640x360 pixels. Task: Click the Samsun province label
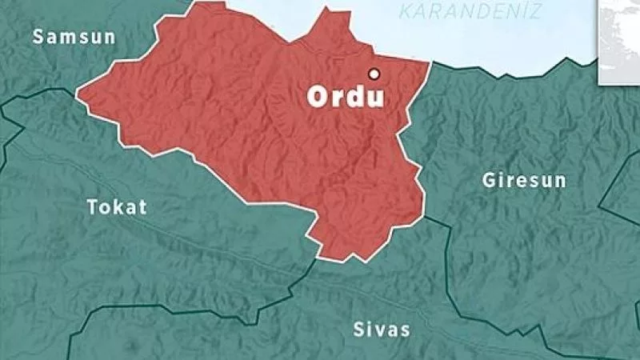[x=74, y=37]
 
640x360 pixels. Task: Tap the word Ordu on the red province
[x=346, y=98]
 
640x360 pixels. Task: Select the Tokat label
[x=117, y=207]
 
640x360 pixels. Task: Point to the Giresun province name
[x=524, y=180]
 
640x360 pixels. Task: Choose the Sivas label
[x=381, y=330]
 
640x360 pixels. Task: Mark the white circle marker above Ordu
[x=373, y=74]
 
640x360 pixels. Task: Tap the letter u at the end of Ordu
[x=374, y=98]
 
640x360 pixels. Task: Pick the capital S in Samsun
[x=38, y=37]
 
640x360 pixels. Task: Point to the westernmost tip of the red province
[x=77, y=97]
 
